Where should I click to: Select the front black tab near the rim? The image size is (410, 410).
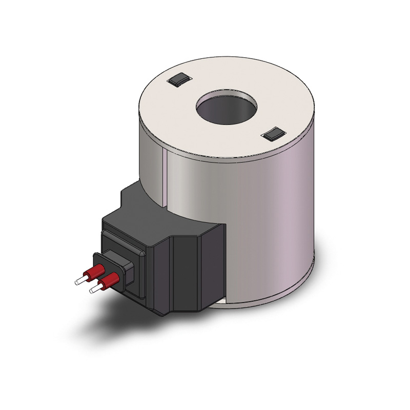click(x=272, y=134)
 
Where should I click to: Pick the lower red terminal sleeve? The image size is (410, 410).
click(x=110, y=281)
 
